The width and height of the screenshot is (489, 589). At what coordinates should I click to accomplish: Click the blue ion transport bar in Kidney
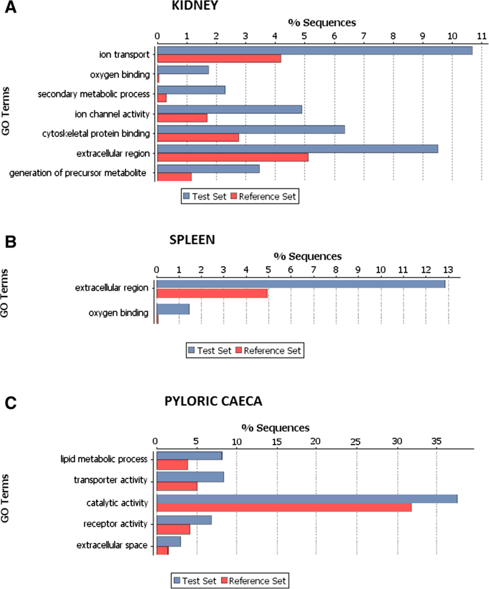coord(315,50)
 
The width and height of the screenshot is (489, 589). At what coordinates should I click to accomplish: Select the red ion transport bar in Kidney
coord(219,59)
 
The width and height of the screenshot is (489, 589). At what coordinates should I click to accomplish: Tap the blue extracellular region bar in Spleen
coord(301,284)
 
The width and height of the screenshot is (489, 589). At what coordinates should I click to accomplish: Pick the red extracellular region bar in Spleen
coord(212,294)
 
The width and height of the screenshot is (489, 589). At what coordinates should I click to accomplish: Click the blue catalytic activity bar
coord(307,499)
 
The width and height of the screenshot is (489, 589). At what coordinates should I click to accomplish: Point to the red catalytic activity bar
coord(284,507)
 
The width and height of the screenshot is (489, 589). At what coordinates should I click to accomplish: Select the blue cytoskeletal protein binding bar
coord(251,130)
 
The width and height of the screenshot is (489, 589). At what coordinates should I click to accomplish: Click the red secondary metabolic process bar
coord(162,98)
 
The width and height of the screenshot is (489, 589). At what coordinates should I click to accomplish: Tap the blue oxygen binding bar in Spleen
coord(173,309)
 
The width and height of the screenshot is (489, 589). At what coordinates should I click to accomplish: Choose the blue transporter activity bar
coord(190,477)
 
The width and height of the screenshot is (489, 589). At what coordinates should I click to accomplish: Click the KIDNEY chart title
coord(195,6)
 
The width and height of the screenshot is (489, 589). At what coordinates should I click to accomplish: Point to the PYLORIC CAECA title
coord(213,401)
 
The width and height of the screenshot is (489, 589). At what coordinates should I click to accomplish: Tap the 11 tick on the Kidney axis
coord(482,36)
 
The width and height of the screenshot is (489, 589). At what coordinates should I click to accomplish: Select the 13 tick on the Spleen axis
coord(448,269)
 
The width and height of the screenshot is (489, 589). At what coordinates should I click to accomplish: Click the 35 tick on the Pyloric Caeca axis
coord(436,441)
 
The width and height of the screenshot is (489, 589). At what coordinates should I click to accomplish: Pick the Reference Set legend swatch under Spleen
coord(239,351)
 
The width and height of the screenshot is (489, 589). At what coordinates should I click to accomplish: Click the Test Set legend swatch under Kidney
coord(186,196)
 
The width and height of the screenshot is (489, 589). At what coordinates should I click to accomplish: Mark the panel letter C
coord(10,403)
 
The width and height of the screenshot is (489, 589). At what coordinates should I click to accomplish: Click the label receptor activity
coord(115,523)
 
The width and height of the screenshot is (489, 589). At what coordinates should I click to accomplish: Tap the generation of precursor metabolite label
coord(78,173)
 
